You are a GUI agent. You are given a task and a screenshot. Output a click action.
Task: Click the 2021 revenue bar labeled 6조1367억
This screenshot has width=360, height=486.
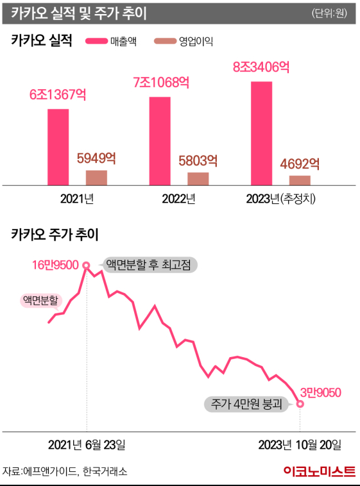58,147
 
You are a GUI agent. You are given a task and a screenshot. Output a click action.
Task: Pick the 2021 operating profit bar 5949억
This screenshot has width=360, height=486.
96,178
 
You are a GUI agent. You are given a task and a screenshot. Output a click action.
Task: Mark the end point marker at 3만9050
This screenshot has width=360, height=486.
300,403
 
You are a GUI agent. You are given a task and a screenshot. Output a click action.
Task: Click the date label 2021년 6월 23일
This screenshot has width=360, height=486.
87,445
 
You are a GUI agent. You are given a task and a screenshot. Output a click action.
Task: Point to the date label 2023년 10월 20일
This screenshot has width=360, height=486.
300,445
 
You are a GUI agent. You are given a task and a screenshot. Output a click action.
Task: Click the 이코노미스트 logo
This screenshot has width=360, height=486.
319,471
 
